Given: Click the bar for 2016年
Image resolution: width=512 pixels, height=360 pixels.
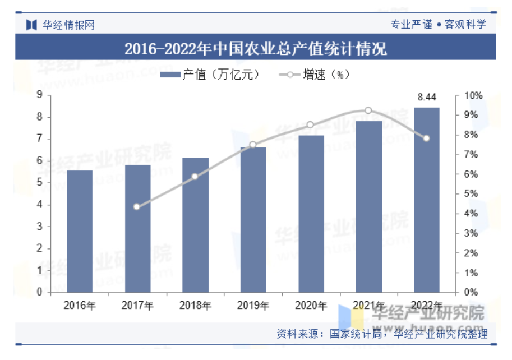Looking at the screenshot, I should point(80,231).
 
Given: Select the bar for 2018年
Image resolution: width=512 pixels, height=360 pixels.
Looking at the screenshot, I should point(195,225).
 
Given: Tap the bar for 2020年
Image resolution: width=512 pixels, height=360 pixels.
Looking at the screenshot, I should point(311,214).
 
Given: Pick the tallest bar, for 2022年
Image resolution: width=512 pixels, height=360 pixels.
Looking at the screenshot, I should point(427,200).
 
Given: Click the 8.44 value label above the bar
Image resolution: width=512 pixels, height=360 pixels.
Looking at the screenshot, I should point(427,98).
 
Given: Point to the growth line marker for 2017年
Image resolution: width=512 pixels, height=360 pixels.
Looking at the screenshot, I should point(137,206).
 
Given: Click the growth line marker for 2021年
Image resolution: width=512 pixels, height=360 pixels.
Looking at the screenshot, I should point(368,110).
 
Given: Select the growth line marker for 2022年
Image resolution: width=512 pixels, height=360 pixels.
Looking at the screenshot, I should point(427,138).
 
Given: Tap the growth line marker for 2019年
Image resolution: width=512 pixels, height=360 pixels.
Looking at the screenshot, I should point(253,145).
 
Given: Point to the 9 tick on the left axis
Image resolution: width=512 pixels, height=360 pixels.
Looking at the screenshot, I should point(39,95).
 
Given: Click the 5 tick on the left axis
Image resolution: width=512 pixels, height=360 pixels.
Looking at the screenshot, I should point(39,183).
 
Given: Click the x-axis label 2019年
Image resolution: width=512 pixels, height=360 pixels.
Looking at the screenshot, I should point(253,306).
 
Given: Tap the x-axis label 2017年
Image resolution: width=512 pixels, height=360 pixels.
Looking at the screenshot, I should point(137,306).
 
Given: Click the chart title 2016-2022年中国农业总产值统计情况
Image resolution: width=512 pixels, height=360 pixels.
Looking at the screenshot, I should point(256,49).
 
